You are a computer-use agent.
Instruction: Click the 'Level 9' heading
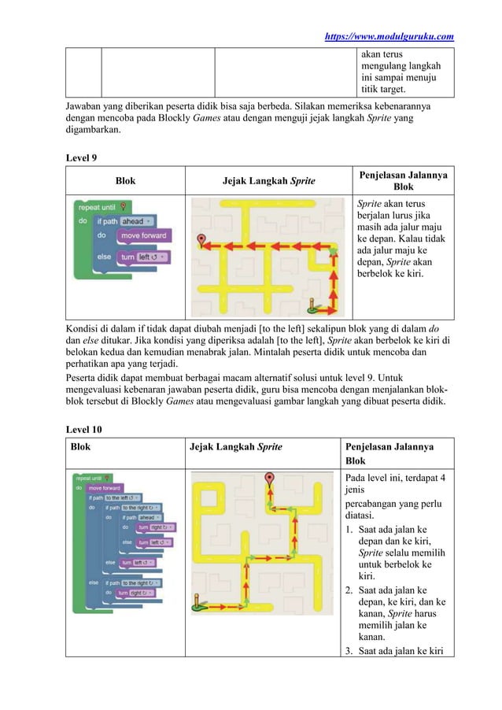[81, 157]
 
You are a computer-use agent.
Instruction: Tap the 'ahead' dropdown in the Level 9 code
[135, 221]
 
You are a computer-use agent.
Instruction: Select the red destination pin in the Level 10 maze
[271, 478]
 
